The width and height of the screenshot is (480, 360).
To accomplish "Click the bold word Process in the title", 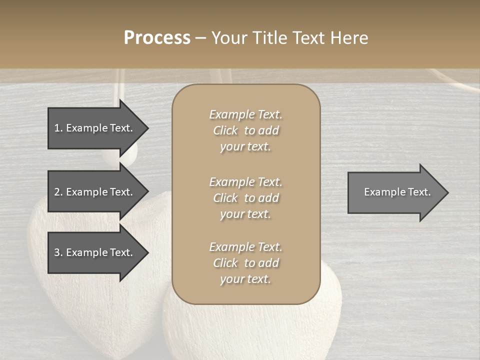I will click(157, 38).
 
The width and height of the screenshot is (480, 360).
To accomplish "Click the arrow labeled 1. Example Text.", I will click(93, 128).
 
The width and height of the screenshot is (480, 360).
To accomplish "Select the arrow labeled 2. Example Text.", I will click(93, 192).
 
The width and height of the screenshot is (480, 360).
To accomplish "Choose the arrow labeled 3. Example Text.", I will click(93, 252).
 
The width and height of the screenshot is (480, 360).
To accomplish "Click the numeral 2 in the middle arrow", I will click(57, 192).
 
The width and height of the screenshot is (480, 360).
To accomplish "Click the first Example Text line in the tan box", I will click(245, 114).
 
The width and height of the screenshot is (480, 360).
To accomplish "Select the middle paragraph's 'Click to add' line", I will click(245, 198).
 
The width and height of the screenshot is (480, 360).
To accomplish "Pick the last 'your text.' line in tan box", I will click(245, 279).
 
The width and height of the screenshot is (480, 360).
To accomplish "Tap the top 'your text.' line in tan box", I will click(245, 146).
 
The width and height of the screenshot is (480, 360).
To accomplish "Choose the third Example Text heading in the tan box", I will click(245, 247).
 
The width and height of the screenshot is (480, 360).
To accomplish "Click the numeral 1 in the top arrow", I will click(56, 128).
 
